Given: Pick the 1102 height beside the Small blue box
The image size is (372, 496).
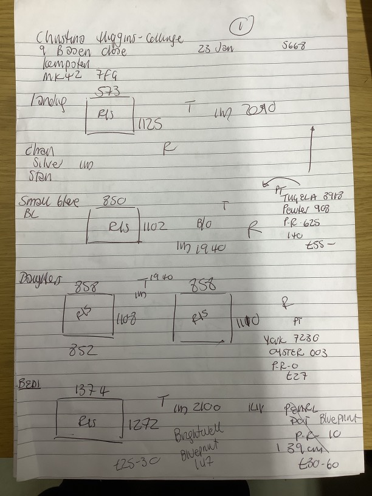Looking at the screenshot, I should tap(155, 227).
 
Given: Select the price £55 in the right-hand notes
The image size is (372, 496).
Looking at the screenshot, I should tap(322, 246).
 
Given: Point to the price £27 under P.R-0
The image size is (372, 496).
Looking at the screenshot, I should tap(296, 376).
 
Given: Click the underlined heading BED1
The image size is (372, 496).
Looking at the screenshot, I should tap(29, 385).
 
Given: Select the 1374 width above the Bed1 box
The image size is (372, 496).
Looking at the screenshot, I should tap(91, 392).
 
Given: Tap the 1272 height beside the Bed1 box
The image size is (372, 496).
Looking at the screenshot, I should tap(144, 425).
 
